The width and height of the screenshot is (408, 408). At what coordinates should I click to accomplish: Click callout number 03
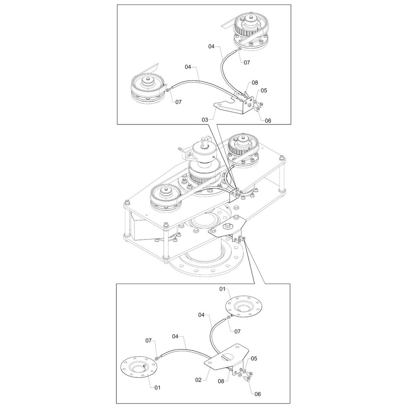(205, 120)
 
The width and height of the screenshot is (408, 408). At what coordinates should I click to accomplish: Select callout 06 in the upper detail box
(268, 120)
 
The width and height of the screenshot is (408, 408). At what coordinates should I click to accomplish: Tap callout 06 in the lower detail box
(257, 394)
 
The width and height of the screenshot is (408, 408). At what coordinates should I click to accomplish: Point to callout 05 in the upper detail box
(264, 90)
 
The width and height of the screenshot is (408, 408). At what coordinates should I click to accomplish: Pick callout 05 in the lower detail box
(254, 358)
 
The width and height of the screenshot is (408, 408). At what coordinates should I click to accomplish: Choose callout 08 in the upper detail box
(255, 82)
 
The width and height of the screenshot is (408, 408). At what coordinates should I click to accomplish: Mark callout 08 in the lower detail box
(221, 381)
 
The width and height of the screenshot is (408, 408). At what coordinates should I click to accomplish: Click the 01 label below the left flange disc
(157, 388)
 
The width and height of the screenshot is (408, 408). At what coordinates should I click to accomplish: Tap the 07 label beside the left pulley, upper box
(178, 102)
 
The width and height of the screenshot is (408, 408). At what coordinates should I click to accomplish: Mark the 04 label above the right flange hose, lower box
(202, 315)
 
